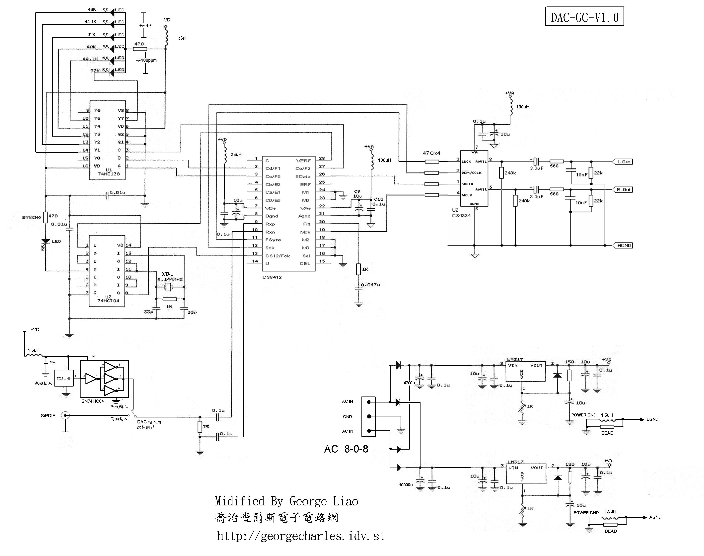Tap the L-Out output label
pos(623,162)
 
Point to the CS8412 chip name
pos(272,277)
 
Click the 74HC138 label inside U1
pos(109,174)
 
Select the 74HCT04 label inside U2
pos(108,301)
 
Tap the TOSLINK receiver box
pos(64,379)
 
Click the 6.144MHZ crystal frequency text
pos(170,280)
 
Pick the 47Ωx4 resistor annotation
pos(431,153)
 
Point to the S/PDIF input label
pos(48,416)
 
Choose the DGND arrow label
pos(652,419)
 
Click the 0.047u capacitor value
pos(370,285)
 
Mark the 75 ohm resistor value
pos(206,426)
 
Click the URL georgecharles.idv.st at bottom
pos(301,536)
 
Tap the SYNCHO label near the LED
pos(32,218)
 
